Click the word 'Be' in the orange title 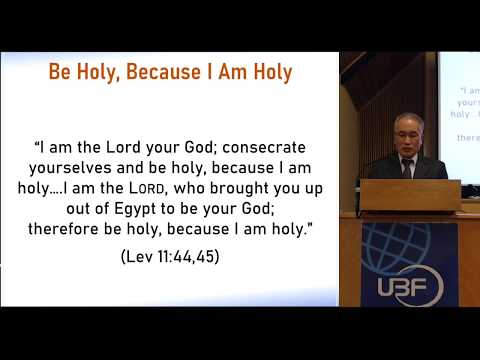click(63, 73)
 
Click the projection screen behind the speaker click(459, 110)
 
